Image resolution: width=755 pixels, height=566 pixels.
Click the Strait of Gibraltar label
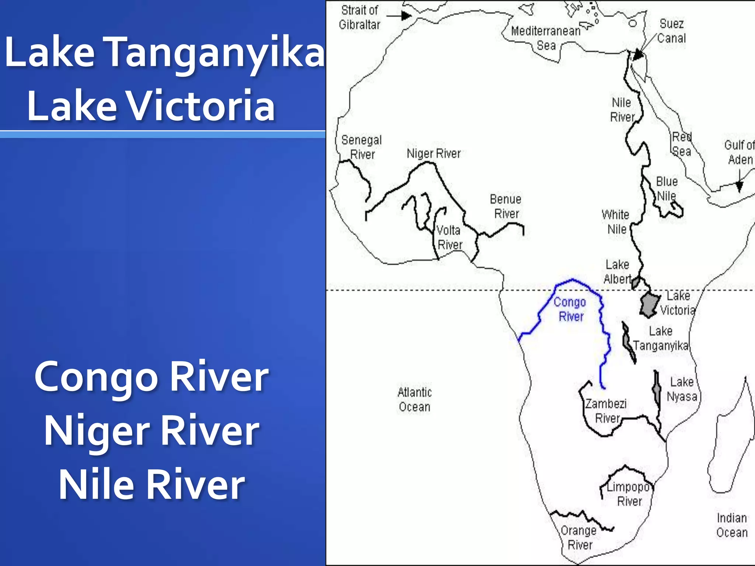click(x=359, y=17)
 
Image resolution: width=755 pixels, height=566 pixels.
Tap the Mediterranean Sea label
click(x=546, y=38)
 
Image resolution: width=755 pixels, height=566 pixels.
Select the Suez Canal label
click(x=671, y=31)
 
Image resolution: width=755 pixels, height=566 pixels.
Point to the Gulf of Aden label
click(x=739, y=152)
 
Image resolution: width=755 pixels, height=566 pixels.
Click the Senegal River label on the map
click(x=361, y=147)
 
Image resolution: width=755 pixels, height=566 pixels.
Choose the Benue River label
click(x=506, y=206)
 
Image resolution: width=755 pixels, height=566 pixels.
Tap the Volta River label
click(x=449, y=237)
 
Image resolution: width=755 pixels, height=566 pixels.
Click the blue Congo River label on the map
click(x=570, y=309)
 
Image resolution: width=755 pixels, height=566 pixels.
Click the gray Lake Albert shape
click(x=636, y=283)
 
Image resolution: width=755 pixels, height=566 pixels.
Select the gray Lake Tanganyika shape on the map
click(x=628, y=343)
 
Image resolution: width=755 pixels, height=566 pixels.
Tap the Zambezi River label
click(x=606, y=411)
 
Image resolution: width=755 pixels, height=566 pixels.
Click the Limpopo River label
click(x=629, y=494)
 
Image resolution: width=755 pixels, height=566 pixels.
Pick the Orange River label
click(x=579, y=538)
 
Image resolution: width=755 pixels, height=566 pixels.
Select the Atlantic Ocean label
click(x=414, y=399)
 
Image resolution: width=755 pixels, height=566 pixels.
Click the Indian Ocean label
click(x=732, y=525)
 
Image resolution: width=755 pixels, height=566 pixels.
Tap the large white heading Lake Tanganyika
click(x=164, y=52)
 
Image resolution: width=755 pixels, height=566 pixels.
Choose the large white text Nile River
click(x=152, y=483)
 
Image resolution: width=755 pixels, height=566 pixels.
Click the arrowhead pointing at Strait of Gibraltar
click(x=406, y=16)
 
